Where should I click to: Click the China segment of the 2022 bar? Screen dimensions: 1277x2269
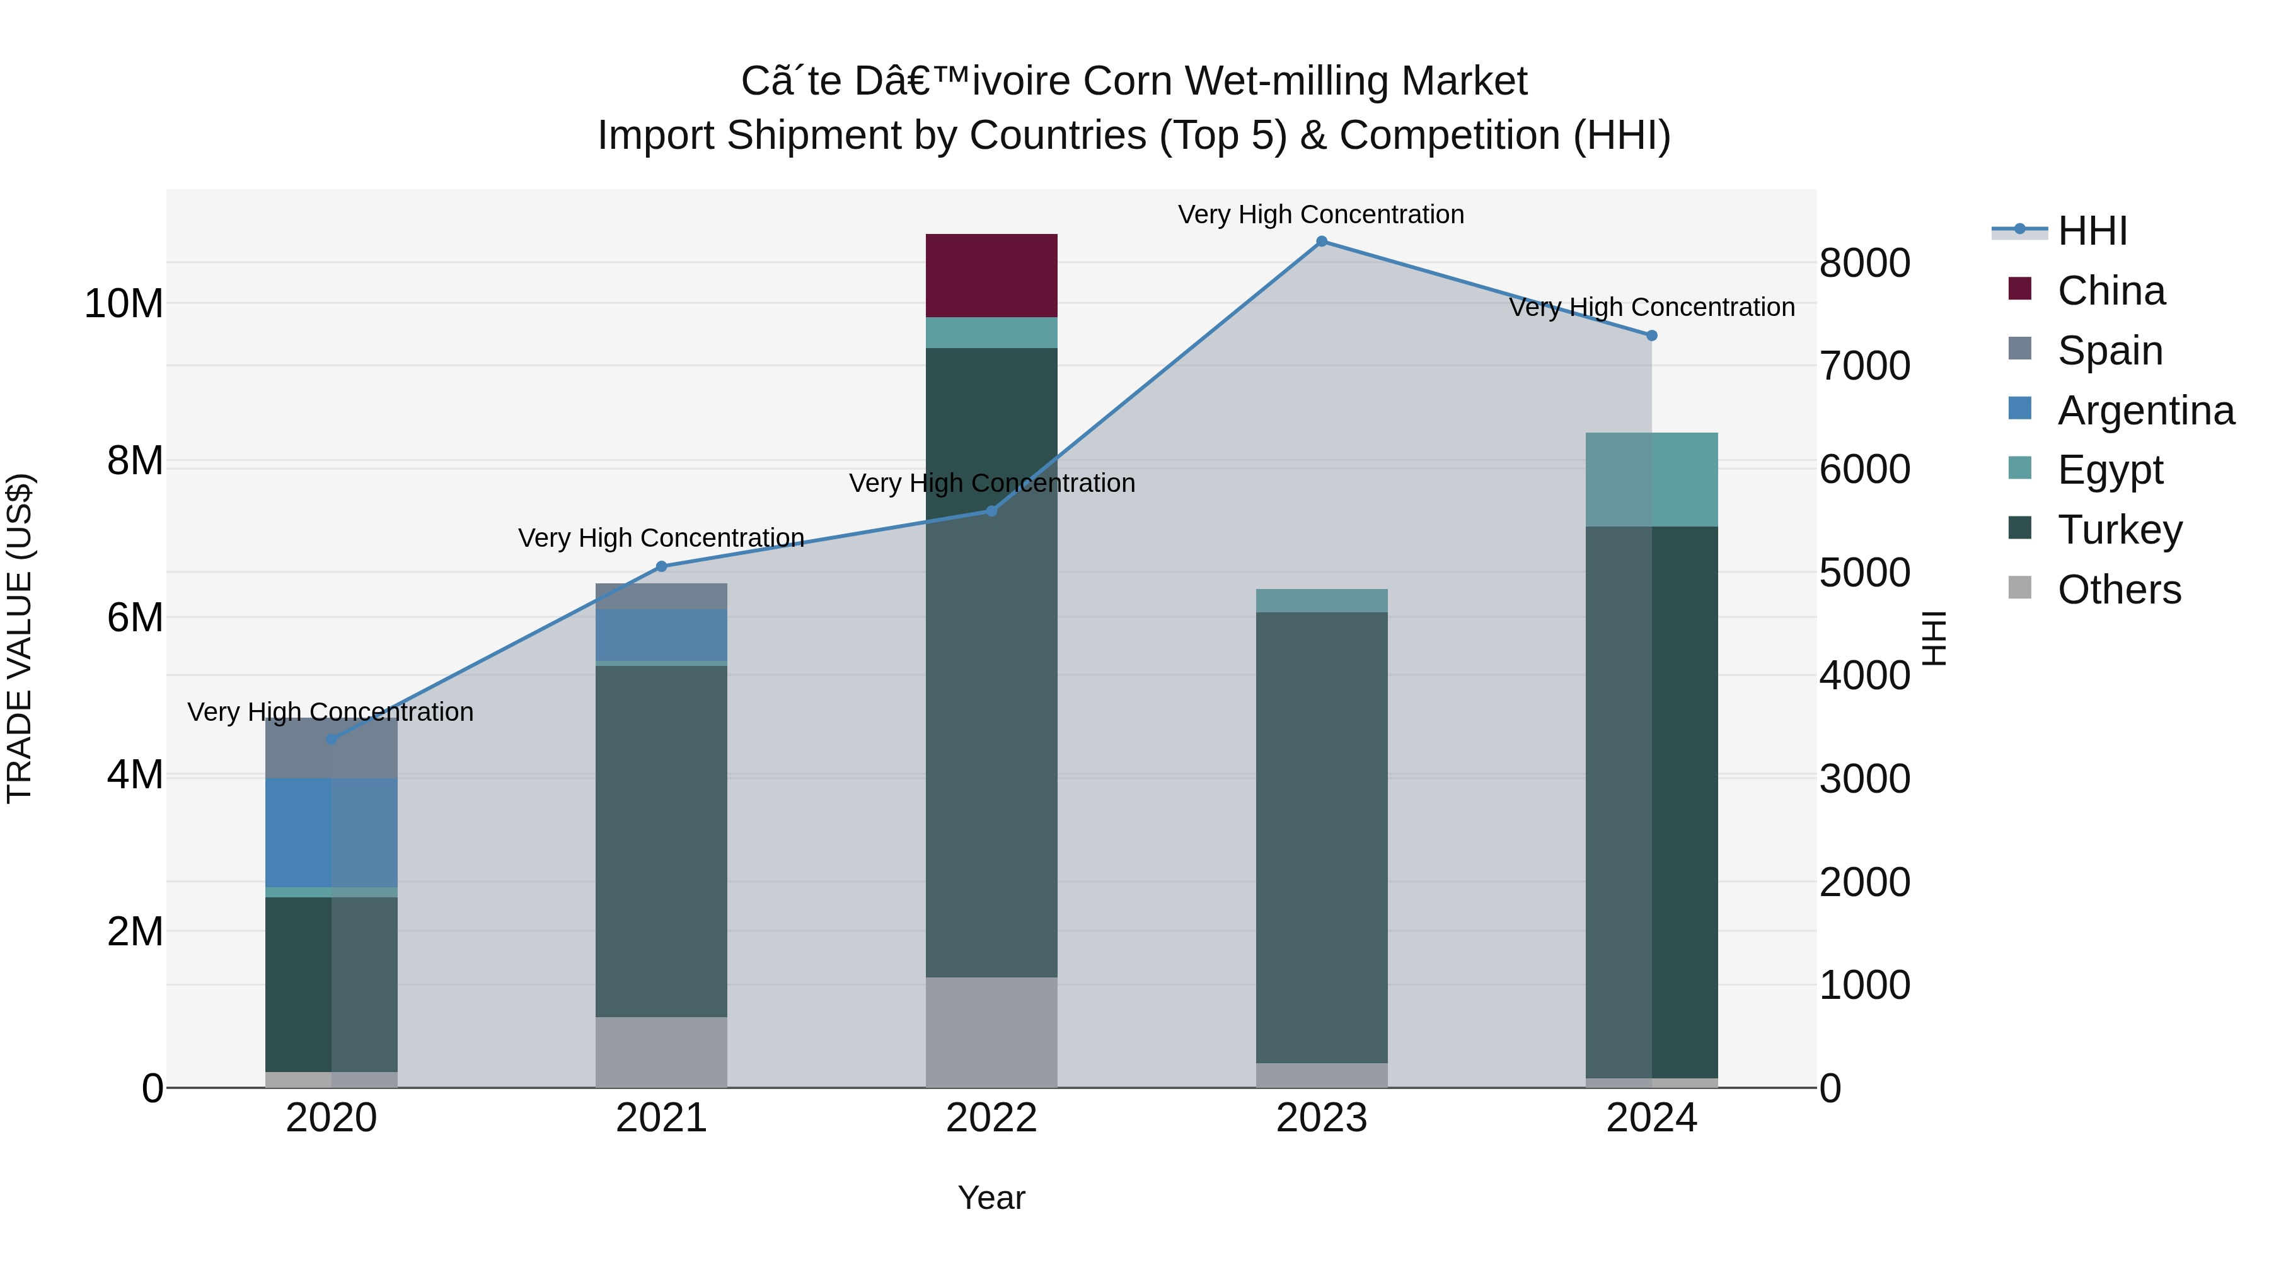991,275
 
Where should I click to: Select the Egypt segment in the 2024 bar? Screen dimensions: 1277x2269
1651,479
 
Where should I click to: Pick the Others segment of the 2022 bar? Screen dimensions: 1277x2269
991,1031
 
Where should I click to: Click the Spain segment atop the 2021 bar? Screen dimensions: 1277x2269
662,596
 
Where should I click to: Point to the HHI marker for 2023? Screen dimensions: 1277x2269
1321,242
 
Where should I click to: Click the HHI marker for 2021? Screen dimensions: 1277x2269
662,567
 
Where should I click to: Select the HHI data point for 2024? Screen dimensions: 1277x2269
1651,335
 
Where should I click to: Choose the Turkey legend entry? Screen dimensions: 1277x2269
2119,530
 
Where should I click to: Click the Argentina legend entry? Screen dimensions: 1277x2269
2145,411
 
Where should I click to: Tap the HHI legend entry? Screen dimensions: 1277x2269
2092,231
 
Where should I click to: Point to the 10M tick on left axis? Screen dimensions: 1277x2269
124,304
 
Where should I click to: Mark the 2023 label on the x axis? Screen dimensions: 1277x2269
1321,1118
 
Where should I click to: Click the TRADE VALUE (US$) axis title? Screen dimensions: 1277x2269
20,638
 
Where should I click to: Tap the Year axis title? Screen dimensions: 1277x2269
991,1198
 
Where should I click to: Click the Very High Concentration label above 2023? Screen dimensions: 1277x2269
1320,214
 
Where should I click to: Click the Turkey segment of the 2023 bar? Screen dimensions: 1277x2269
1321,837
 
